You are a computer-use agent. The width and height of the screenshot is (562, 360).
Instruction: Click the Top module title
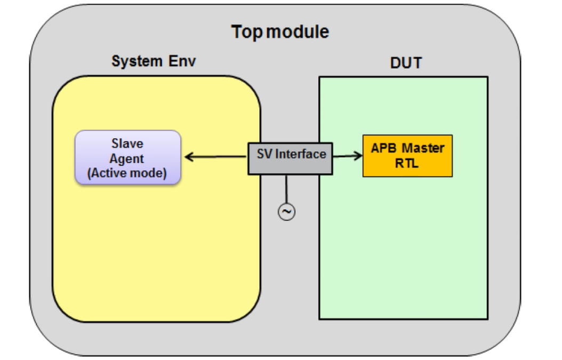pyautogui.click(x=280, y=32)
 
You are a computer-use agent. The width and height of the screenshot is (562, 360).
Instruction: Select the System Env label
pyautogui.click(x=154, y=61)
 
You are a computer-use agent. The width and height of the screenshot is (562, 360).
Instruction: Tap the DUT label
pyautogui.click(x=406, y=63)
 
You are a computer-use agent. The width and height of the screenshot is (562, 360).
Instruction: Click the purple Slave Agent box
pyautogui.click(x=128, y=157)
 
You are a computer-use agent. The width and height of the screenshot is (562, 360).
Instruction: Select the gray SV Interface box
pyautogui.click(x=290, y=158)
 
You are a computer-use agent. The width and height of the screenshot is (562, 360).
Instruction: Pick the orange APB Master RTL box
pyautogui.click(x=407, y=156)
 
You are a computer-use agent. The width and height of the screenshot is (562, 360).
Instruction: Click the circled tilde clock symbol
pyautogui.click(x=286, y=212)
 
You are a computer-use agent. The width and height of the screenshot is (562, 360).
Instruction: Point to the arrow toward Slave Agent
pyautogui.click(x=216, y=157)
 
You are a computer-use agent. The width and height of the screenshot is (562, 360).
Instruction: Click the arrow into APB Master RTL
pyautogui.click(x=347, y=156)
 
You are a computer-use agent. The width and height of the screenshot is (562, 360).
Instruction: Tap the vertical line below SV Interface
pyautogui.click(x=286, y=189)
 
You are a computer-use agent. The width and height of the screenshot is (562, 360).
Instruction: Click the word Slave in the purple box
pyautogui.click(x=127, y=144)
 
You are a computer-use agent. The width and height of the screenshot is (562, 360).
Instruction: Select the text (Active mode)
pyautogui.click(x=127, y=173)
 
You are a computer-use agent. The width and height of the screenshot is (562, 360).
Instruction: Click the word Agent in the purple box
pyautogui.click(x=127, y=158)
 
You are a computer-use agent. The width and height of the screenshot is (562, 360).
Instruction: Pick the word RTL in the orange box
pyautogui.click(x=407, y=164)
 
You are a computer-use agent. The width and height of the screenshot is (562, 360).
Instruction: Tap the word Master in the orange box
pyautogui.click(x=423, y=148)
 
